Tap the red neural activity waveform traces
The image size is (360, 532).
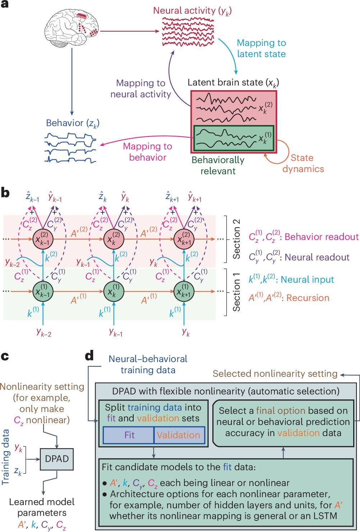pyautogui.click(x=188, y=32)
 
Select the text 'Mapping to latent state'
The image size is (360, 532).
pyautogui.click(x=261, y=48)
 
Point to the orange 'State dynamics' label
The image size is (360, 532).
pyautogui.click(x=303, y=163)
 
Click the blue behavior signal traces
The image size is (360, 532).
pyautogui.click(x=70, y=148)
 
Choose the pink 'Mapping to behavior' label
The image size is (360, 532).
pyautogui.click(x=147, y=152)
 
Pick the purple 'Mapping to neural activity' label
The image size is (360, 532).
pyautogui.click(x=140, y=89)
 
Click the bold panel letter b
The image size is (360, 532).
pyautogui.click(x=5, y=193)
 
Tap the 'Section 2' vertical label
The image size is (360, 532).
pyautogui.click(x=236, y=239)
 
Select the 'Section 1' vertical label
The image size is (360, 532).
pyautogui.click(x=236, y=292)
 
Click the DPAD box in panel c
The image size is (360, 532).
pyautogui.click(x=57, y=459)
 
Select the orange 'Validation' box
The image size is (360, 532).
pyautogui.click(x=179, y=435)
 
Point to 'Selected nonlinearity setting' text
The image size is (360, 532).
pyautogui.click(x=275, y=374)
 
